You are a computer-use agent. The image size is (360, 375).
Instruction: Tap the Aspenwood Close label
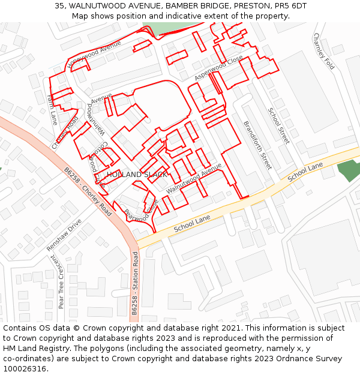pos(218,68)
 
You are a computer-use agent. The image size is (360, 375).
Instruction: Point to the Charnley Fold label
pos(323,51)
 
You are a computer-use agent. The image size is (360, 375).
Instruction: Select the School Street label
pos(278,125)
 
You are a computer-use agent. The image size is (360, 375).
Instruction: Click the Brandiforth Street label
pos(257,145)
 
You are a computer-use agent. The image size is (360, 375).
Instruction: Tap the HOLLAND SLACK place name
pos(137,175)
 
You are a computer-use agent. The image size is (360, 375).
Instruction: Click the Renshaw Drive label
pos(64,235)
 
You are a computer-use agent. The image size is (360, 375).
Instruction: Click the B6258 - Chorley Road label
pos(88,191)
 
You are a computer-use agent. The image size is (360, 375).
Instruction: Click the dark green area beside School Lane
pos(349,170)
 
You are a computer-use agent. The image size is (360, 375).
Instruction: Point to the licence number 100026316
pos(25,368)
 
